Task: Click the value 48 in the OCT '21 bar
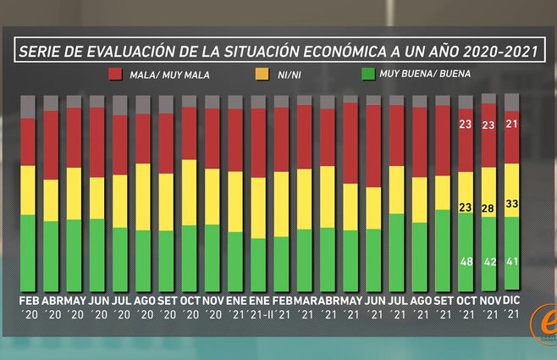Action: point(466,262)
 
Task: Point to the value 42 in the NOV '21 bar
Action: point(488,262)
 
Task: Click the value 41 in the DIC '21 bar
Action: point(511,262)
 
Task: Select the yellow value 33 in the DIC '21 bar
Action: point(511,203)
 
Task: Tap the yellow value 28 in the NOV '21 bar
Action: point(488,208)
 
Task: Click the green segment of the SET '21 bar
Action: point(442,250)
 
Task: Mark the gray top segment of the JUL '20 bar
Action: point(120,105)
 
